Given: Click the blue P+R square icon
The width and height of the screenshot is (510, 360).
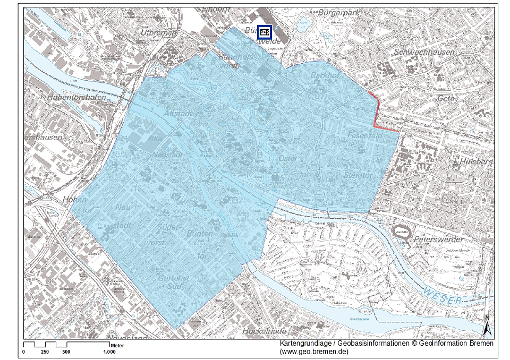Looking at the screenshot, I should point(265,32).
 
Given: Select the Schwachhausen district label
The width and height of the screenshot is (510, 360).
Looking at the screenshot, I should point(424,53).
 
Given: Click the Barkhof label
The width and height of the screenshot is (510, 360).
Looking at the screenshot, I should point(325,75).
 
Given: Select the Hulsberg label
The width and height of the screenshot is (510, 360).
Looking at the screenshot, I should point(478,161).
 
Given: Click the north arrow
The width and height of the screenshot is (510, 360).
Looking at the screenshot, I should point(487,325).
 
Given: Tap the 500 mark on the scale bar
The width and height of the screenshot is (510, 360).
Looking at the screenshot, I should point(66,352).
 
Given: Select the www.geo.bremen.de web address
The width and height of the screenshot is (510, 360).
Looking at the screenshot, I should point(314,352).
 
